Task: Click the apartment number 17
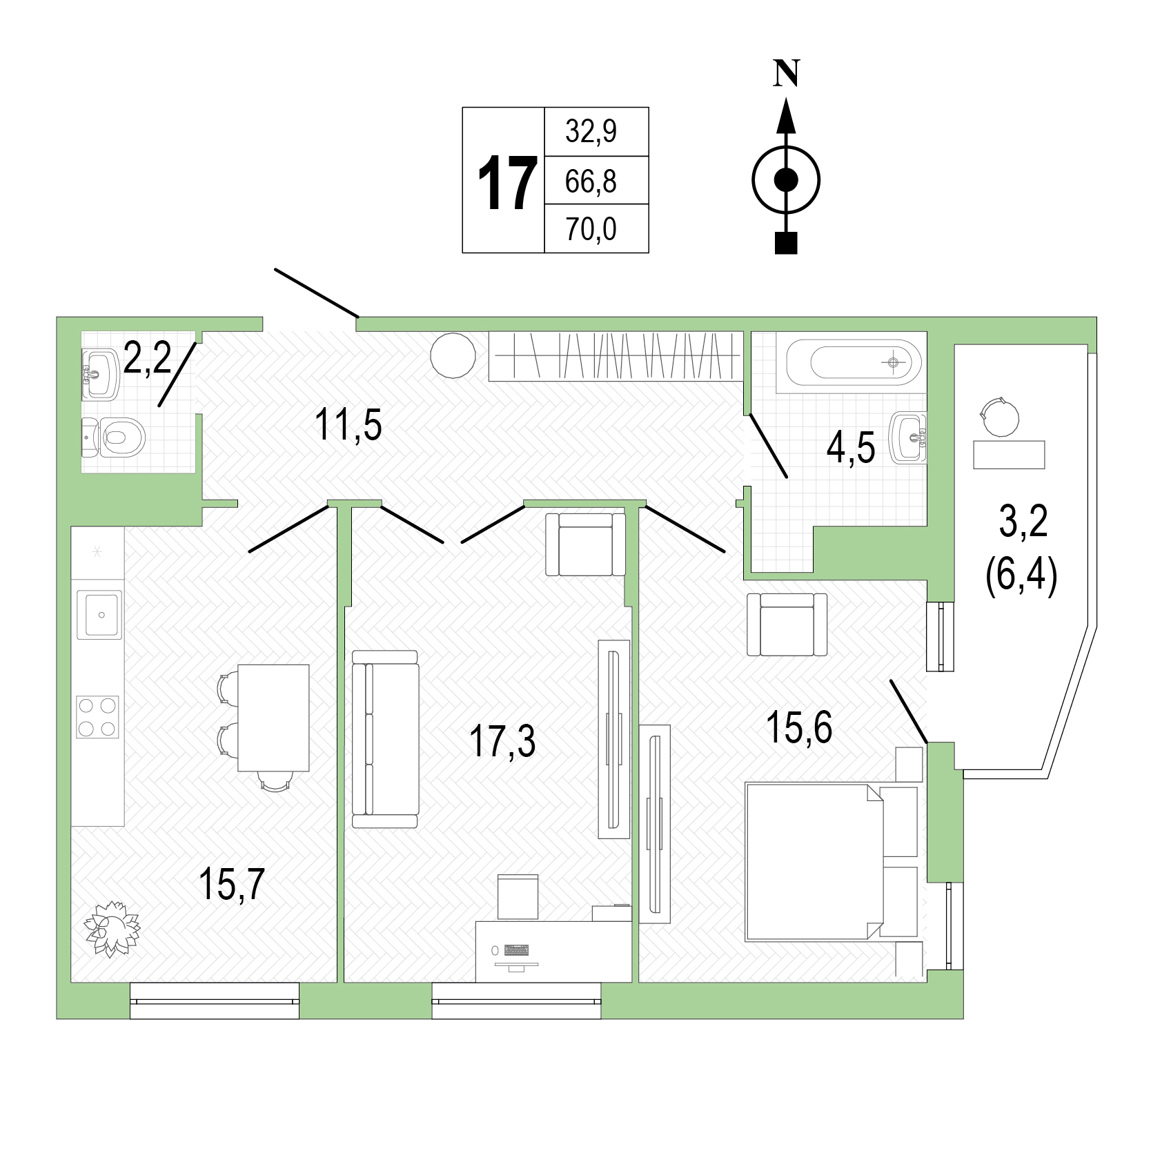click(507, 183)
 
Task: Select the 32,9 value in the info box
click(591, 131)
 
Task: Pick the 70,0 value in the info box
click(591, 229)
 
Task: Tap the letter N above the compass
click(786, 73)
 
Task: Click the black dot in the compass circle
click(786, 180)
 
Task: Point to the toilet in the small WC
click(114, 437)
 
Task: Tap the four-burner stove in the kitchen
click(98, 717)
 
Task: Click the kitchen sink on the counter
click(99, 613)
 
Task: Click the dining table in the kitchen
click(273, 718)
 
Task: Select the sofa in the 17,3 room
click(385, 738)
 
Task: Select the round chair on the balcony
click(998, 416)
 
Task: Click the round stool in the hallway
click(453, 355)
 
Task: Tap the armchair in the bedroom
click(787, 624)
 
